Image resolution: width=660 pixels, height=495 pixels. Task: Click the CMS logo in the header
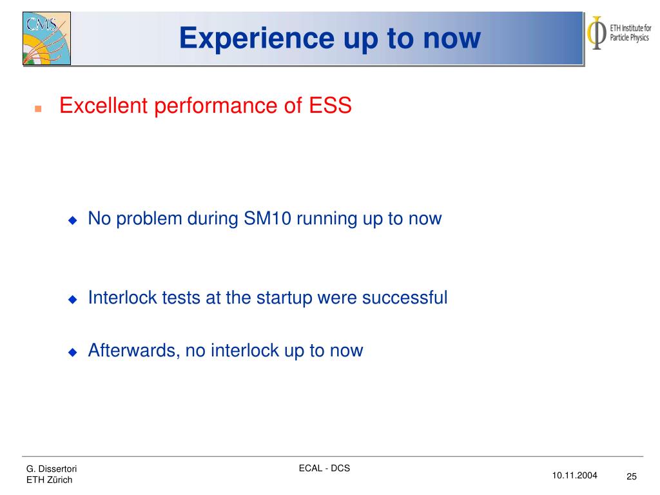click(x=46, y=38)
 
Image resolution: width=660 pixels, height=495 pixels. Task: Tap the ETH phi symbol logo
click(x=596, y=33)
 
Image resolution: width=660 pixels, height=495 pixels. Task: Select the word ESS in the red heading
click(x=331, y=105)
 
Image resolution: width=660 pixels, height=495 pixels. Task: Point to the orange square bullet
click(x=38, y=108)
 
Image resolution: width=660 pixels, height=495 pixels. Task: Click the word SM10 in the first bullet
click(x=267, y=218)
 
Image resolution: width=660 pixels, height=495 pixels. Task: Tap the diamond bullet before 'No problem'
click(x=73, y=220)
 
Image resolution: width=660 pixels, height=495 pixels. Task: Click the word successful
click(x=405, y=298)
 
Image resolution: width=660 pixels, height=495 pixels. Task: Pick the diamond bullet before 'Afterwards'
click(x=73, y=352)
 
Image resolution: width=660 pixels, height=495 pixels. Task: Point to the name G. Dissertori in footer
click(x=52, y=469)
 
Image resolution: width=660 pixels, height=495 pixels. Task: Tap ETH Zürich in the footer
click(x=49, y=480)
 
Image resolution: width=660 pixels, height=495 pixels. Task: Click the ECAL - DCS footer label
click(x=324, y=468)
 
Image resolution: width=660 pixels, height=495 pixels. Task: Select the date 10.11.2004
click(x=574, y=475)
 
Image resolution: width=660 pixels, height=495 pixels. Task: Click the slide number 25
click(x=632, y=476)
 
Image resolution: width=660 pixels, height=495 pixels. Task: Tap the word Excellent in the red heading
click(x=104, y=105)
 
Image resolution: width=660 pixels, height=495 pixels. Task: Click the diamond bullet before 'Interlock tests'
click(x=73, y=299)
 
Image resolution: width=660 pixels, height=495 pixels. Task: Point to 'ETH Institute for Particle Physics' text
click(x=630, y=33)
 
